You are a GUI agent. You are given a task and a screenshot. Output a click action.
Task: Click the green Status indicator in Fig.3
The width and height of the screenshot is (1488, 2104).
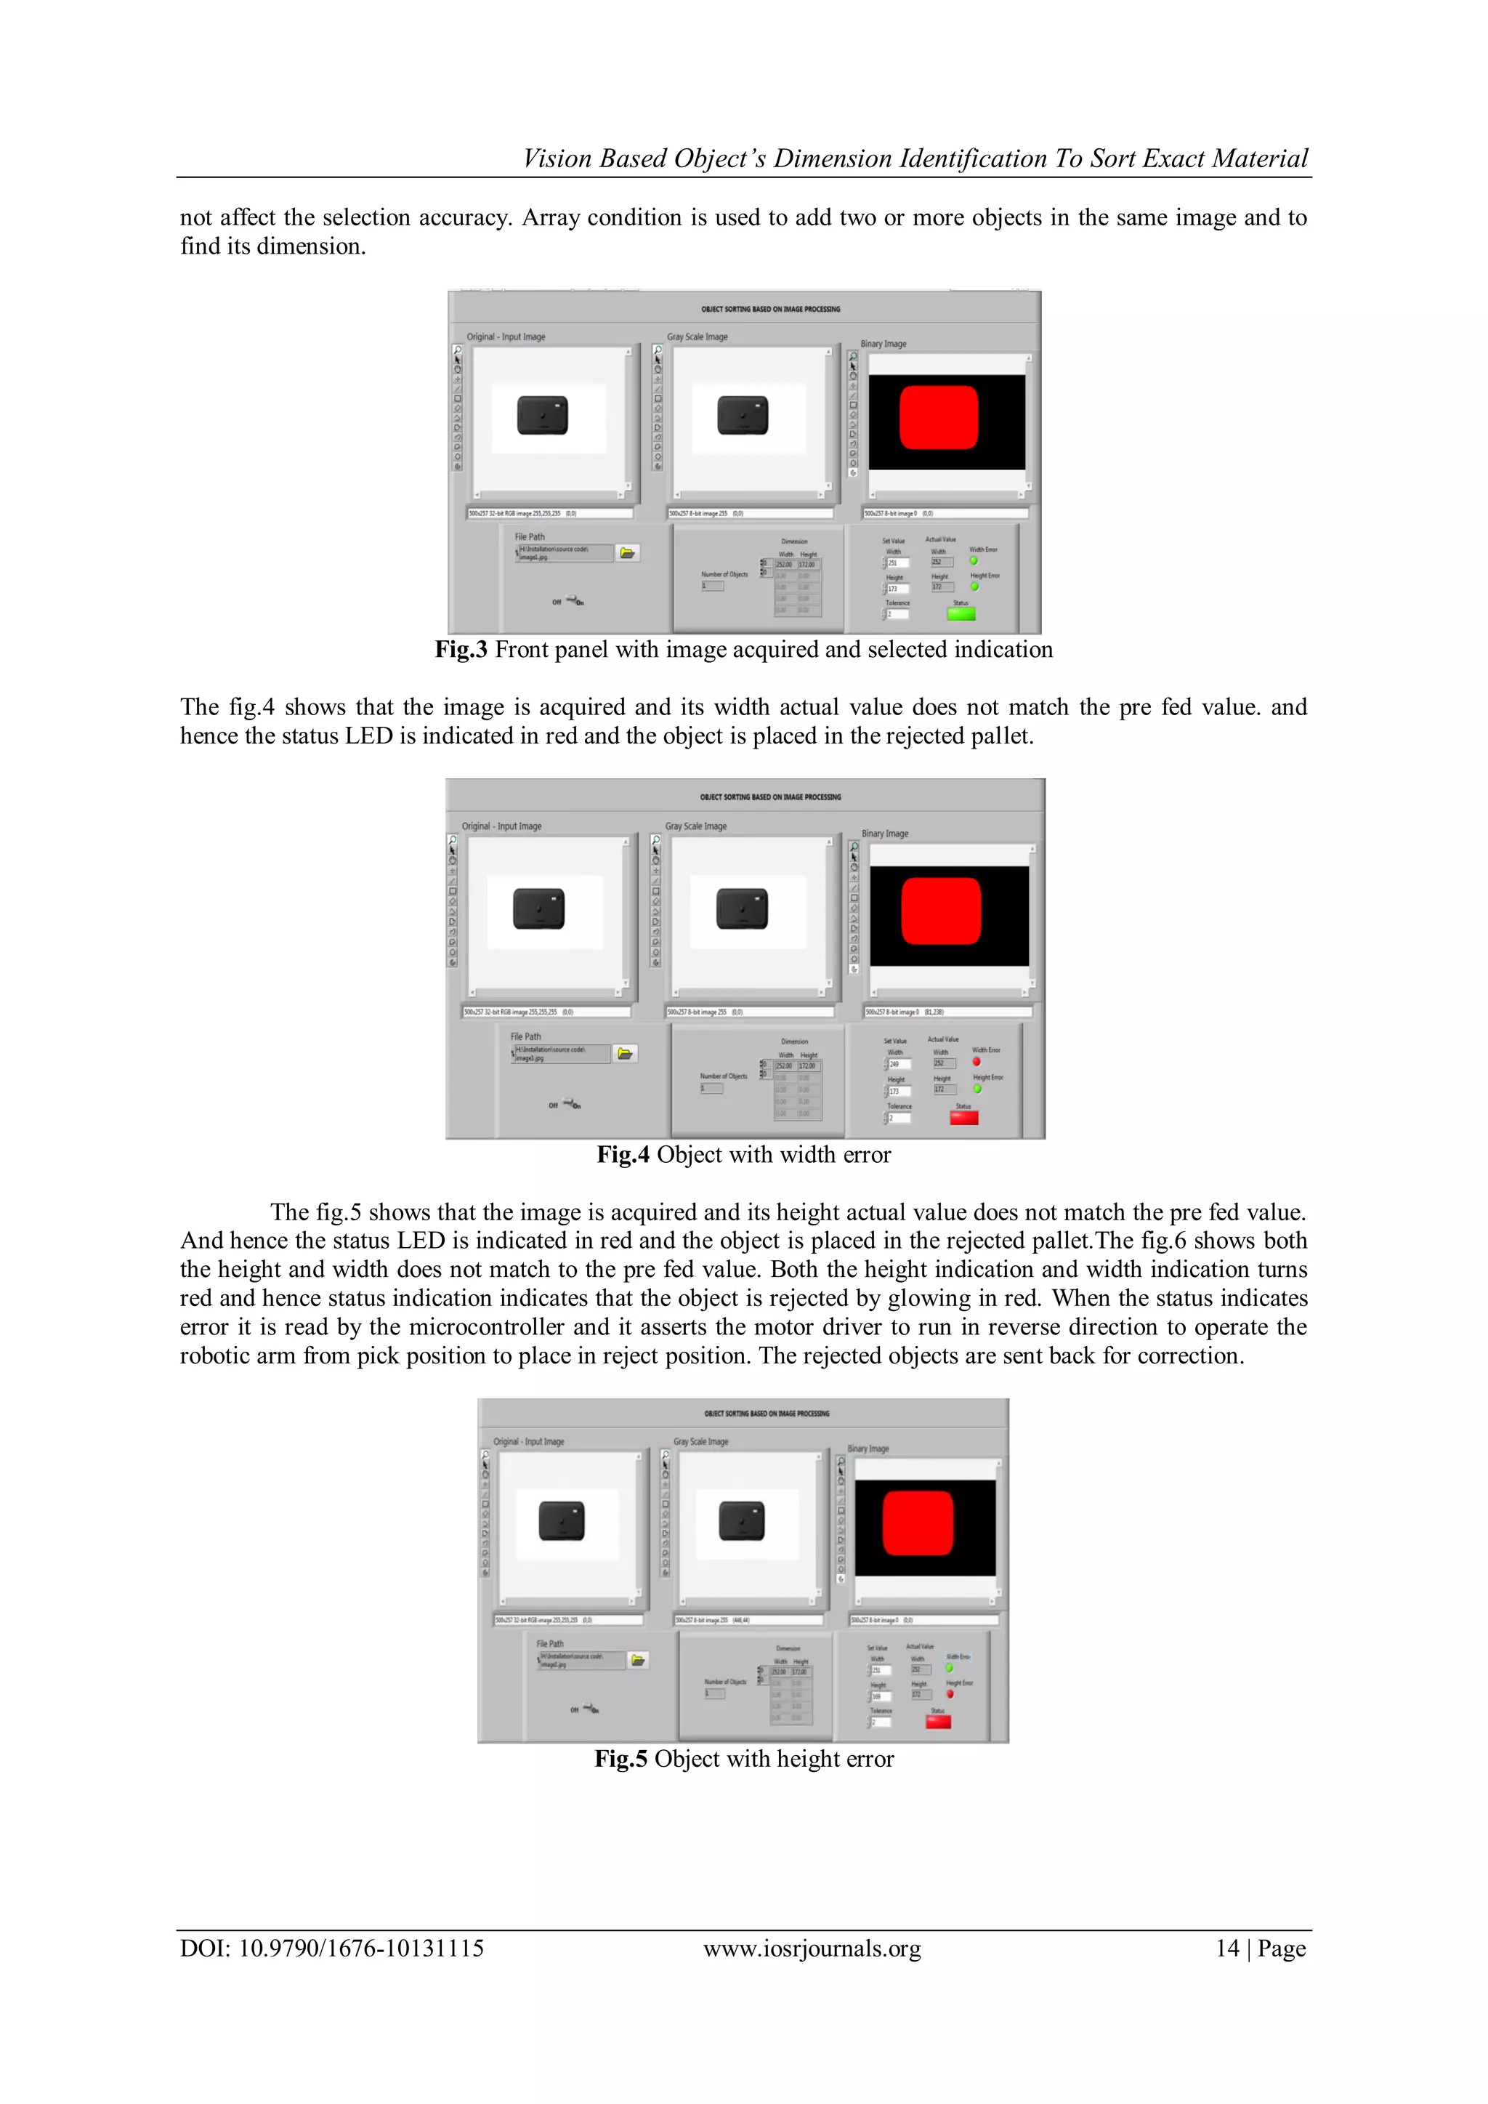(x=961, y=613)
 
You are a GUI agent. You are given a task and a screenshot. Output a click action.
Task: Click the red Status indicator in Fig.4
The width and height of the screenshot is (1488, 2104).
(x=964, y=1117)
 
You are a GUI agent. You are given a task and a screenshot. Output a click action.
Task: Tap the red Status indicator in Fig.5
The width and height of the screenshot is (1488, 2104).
(x=938, y=1721)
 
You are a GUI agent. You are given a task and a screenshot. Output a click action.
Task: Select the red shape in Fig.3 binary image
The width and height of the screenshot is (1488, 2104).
(x=938, y=417)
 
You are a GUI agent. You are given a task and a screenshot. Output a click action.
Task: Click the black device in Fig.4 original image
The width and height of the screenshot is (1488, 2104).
(x=539, y=908)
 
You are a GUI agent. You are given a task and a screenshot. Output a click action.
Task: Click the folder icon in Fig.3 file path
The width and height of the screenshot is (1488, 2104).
(x=628, y=552)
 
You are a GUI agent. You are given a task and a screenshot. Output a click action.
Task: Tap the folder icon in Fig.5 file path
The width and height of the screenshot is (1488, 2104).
(x=639, y=1659)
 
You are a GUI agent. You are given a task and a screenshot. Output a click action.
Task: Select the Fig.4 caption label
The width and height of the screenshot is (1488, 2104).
(x=623, y=1155)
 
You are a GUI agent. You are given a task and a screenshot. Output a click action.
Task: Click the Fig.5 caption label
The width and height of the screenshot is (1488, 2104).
(x=621, y=1759)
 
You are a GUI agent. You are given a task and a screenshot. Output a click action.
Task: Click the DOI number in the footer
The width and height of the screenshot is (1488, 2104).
(x=361, y=1948)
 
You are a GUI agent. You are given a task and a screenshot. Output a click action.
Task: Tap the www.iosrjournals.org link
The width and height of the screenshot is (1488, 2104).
(x=812, y=1948)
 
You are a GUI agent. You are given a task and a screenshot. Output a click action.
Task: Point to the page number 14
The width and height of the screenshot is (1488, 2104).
(x=1227, y=1948)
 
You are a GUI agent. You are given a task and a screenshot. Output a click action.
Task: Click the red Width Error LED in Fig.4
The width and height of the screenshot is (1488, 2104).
(x=976, y=1062)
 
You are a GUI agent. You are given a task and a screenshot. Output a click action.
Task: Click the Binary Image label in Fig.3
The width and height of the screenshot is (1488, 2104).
(x=883, y=344)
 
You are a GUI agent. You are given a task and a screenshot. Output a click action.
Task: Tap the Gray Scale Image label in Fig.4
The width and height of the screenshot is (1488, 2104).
(x=695, y=826)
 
